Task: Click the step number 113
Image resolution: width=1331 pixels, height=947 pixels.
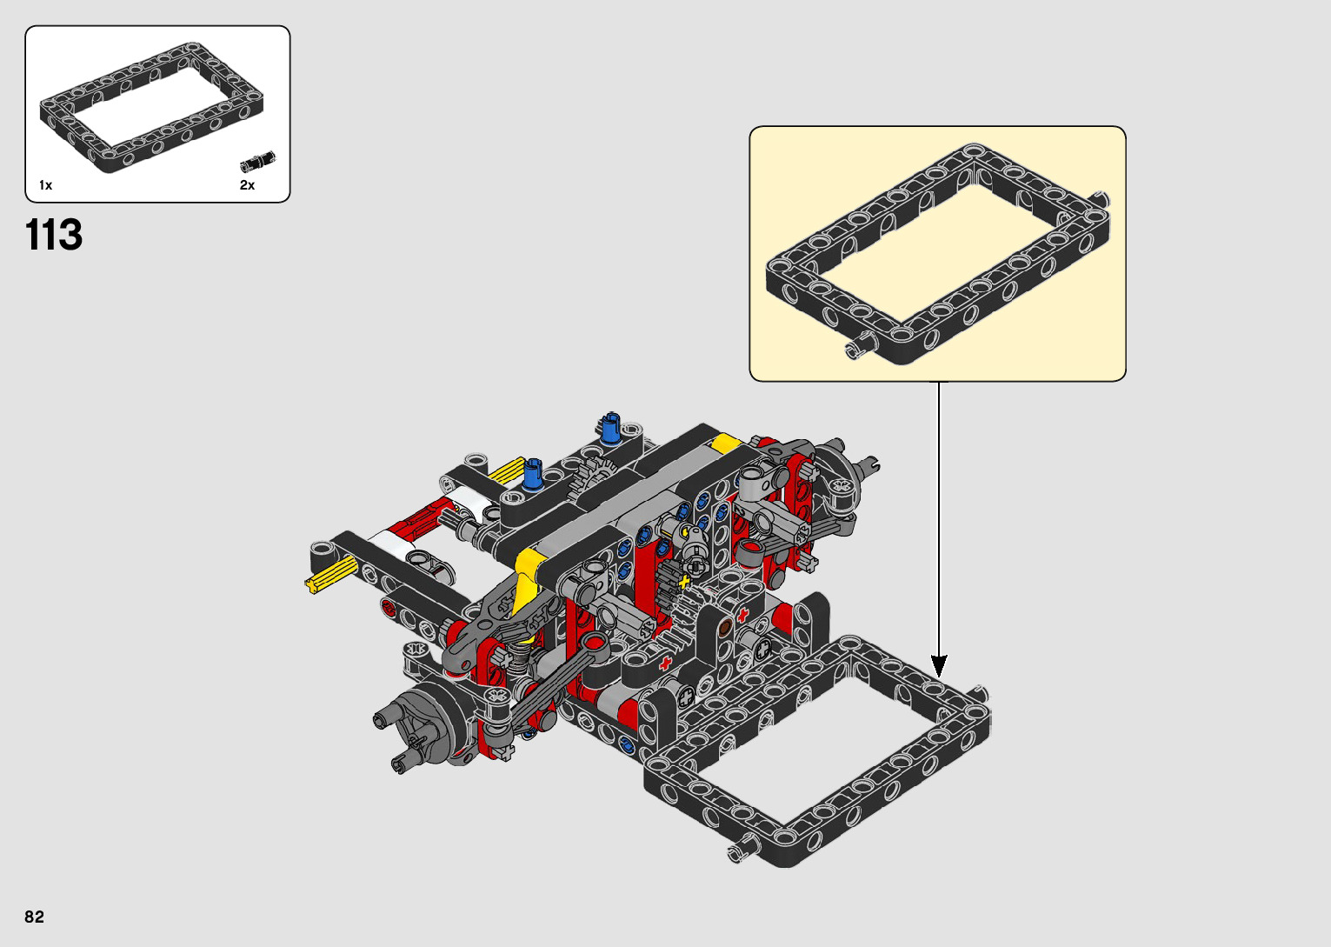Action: pyautogui.click(x=54, y=234)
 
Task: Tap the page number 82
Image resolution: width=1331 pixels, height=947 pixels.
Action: pyautogui.click(x=35, y=917)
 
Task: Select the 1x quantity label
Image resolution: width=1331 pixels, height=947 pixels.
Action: pyautogui.click(x=46, y=185)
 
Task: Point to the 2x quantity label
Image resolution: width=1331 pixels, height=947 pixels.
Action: pyautogui.click(x=247, y=185)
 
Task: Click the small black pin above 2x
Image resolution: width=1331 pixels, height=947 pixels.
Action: pyautogui.click(x=258, y=161)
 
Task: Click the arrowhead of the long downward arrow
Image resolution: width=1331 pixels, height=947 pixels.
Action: pyautogui.click(x=939, y=666)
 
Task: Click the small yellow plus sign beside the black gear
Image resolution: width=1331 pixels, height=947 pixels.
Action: pyautogui.click(x=685, y=580)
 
